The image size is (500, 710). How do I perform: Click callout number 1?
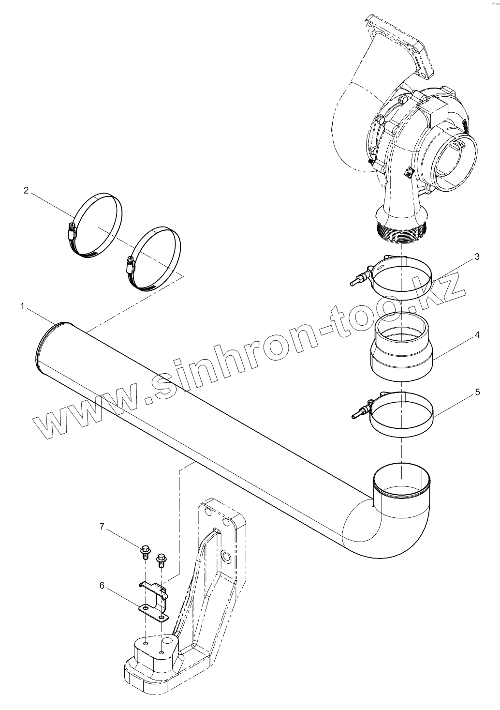tap(23, 306)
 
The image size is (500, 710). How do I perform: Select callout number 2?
tap(26, 190)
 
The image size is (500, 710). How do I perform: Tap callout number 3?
tap(477, 257)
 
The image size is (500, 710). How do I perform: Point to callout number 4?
tap(477, 334)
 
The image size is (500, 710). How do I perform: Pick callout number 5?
tap(477, 392)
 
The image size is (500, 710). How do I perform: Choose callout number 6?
tap(102, 586)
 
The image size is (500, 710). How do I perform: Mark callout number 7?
tap(102, 527)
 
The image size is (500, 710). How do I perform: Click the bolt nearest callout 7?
tap(145, 551)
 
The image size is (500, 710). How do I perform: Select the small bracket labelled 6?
tap(154, 602)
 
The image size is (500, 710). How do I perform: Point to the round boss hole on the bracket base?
tap(167, 641)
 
